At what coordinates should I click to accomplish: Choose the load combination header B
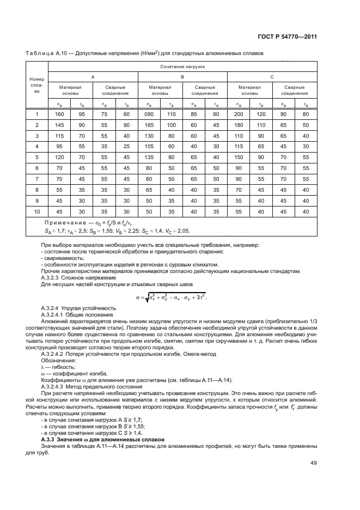click(x=182, y=77)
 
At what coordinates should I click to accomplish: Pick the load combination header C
click(x=272, y=77)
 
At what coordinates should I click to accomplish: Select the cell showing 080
click(x=149, y=114)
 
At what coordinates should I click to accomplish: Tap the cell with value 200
click(x=239, y=114)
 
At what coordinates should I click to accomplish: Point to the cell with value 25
click(x=126, y=146)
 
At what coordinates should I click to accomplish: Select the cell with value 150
click(x=239, y=156)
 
